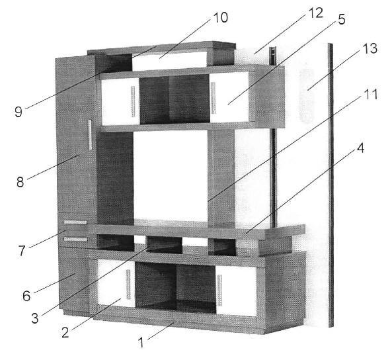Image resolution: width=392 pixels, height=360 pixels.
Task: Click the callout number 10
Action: (220, 17)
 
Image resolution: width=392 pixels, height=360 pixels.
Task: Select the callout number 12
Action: (316, 13)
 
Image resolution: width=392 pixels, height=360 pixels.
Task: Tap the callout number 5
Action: (342, 19)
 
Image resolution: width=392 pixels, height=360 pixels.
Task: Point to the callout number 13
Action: (370, 48)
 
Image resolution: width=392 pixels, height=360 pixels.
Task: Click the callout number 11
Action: (371, 95)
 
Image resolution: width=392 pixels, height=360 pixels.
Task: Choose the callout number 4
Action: (360, 148)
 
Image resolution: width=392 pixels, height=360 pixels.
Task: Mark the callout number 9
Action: (19, 112)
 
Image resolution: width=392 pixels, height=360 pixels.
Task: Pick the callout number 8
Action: (20, 182)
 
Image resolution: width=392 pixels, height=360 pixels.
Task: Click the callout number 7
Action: (22, 251)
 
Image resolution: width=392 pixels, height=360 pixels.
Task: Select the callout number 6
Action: (26, 296)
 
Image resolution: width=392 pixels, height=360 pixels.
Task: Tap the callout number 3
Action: (35, 318)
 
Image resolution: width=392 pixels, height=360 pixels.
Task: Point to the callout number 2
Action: (65, 333)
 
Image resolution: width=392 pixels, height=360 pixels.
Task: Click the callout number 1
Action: (141, 343)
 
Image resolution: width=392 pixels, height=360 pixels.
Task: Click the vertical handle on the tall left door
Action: (90, 135)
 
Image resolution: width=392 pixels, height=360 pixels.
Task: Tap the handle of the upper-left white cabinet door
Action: (133, 101)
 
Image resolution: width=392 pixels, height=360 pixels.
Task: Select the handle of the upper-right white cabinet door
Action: (213, 98)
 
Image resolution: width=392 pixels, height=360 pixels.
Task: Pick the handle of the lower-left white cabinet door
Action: (128, 285)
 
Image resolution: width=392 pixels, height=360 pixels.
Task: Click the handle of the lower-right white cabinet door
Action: (219, 291)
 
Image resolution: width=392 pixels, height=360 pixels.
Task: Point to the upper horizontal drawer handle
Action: (75, 222)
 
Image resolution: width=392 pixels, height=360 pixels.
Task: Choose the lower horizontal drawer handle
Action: (75, 239)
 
